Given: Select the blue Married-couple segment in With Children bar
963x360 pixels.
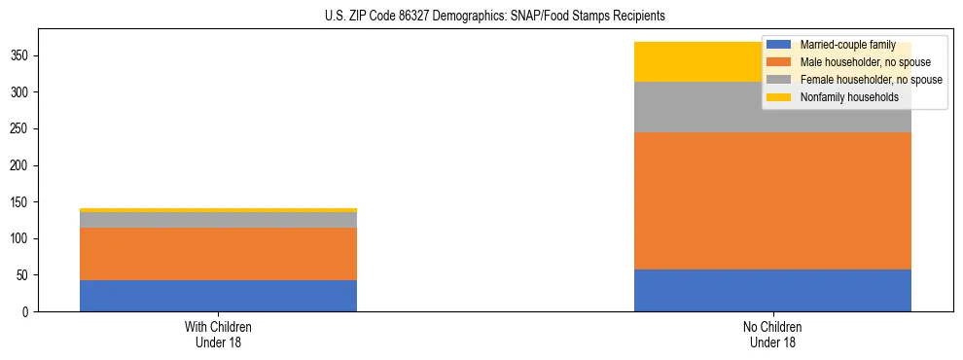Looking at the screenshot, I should tap(218, 296).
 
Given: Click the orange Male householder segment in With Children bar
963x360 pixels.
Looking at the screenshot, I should tap(218, 254).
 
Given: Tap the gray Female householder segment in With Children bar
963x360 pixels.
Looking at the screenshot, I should tap(218, 220).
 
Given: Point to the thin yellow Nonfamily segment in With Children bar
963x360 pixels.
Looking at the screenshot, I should tap(218, 210).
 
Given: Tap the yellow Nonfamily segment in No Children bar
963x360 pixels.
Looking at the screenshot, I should tap(700, 61).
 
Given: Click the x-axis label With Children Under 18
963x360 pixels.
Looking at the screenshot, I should tap(218, 334).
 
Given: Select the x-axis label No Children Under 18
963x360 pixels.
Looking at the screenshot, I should tap(772, 334).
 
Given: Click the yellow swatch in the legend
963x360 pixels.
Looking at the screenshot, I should tap(779, 97).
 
